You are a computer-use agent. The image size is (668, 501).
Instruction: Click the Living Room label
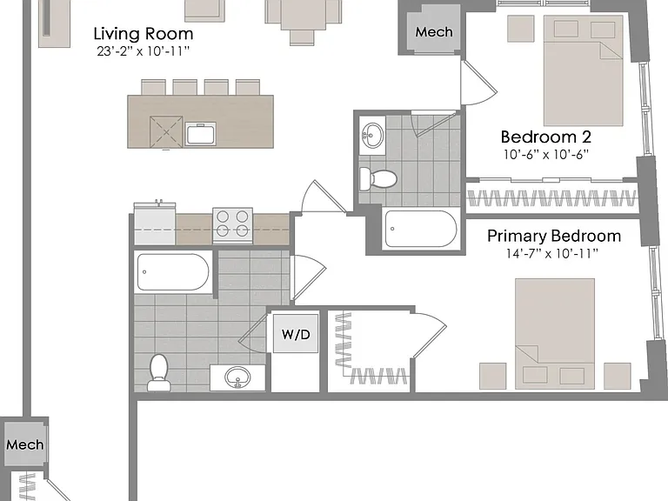pyautogui.click(x=144, y=34)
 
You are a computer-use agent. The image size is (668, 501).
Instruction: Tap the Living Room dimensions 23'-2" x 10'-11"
pyautogui.click(x=144, y=51)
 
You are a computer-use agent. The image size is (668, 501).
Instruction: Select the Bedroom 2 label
pyautogui.click(x=545, y=137)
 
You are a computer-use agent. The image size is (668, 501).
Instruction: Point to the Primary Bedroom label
pyautogui.click(x=554, y=236)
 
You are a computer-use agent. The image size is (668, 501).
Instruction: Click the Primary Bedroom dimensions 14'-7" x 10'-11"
pyautogui.click(x=552, y=254)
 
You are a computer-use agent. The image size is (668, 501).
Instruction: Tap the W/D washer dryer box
pyautogui.click(x=296, y=334)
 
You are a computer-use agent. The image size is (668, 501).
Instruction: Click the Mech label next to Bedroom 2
pyautogui.click(x=434, y=32)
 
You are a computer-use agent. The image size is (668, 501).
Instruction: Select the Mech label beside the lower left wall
pyautogui.click(x=24, y=444)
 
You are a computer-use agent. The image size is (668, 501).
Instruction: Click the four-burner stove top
pyautogui.click(x=232, y=226)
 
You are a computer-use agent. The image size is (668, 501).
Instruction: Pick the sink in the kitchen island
pyautogui.click(x=201, y=134)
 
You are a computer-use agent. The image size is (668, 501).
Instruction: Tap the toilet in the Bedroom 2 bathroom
pyautogui.click(x=377, y=178)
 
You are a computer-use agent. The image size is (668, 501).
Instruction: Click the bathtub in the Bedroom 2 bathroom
pyautogui.click(x=421, y=229)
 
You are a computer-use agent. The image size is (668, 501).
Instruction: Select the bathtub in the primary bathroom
pyautogui.click(x=173, y=272)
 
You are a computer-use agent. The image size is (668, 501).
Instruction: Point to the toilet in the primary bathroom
pyautogui.click(x=159, y=372)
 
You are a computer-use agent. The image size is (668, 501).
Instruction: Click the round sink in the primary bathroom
pyautogui.click(x=238, y=377)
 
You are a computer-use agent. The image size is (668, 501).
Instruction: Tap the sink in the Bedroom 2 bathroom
pyautogui.click(x=373, y=135)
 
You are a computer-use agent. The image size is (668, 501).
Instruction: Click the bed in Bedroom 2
pyautogui.click(x=584, y=70)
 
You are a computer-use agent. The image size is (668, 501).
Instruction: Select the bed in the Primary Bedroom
pyautogui.click(x=555, y=334)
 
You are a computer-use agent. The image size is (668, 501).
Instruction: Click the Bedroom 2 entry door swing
pyautogui.click(x=479, y=83)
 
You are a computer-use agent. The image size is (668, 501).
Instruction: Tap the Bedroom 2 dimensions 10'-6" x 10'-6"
pyautogui.click(x=545, y=155)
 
